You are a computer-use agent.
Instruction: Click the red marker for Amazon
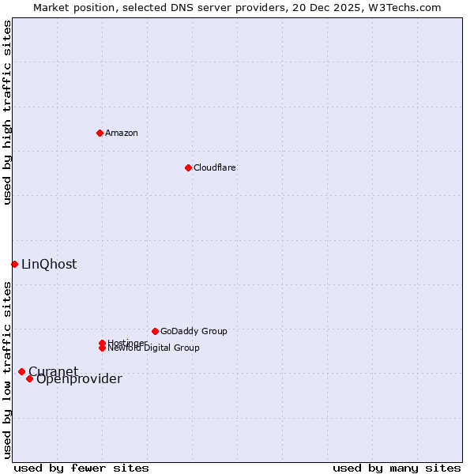coord(100,133)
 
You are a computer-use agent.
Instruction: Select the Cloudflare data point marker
coord(188,167)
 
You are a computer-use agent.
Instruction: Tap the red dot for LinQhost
coord(14,264)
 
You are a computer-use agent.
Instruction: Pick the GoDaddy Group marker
coord(155,331)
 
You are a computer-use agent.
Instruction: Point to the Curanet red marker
coord(21,371)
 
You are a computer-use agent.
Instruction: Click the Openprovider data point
coord(29,378)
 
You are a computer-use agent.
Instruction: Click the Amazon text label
coord(122,133)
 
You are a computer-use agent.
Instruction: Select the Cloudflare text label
coord(215,167)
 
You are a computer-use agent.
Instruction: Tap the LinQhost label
coord(49,265)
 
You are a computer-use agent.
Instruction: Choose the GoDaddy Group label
coord(194,331)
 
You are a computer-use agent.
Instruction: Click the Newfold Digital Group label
coord(153,348)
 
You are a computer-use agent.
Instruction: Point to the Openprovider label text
coord(79,379)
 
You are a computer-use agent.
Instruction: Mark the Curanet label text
coord(53,371)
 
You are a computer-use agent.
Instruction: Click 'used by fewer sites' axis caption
coord(81,468)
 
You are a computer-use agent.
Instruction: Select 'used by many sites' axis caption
coord(397,468)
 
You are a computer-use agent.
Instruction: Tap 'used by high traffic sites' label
coord(7,113)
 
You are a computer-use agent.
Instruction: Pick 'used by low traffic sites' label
coord(7,370)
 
